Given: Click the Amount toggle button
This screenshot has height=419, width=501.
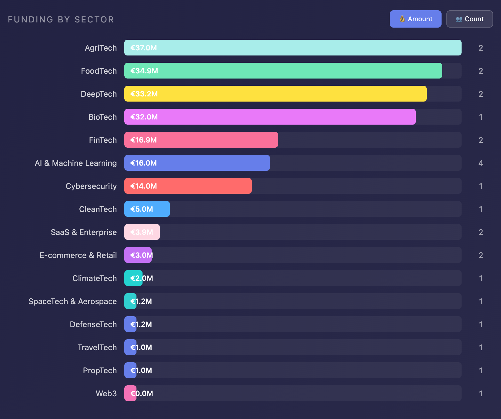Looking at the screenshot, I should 415,19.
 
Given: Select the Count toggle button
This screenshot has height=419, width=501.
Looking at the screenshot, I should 469,19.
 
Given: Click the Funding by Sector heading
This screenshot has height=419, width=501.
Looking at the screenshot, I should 61,19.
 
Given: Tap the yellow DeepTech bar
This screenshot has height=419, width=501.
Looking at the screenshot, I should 275,94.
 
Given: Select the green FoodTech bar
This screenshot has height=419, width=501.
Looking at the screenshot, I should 283,71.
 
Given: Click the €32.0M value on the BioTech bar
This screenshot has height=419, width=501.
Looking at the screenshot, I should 144,117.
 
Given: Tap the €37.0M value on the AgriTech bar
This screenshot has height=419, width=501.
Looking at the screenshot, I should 143,48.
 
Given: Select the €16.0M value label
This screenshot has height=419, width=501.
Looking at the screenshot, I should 143,163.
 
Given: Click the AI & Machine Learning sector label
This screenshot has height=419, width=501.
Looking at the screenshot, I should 76,163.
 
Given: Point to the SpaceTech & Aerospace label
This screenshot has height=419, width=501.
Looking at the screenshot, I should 72,301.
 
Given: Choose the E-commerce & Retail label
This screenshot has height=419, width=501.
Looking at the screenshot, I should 78,255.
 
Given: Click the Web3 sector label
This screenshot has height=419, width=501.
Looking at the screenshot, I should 106,394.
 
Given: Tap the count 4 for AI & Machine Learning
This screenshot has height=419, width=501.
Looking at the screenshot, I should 481,163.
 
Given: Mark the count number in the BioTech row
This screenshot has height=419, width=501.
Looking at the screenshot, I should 481,117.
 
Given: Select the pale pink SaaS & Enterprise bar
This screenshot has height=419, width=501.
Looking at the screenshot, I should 142,232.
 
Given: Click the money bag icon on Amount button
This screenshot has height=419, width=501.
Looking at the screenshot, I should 402,19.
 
